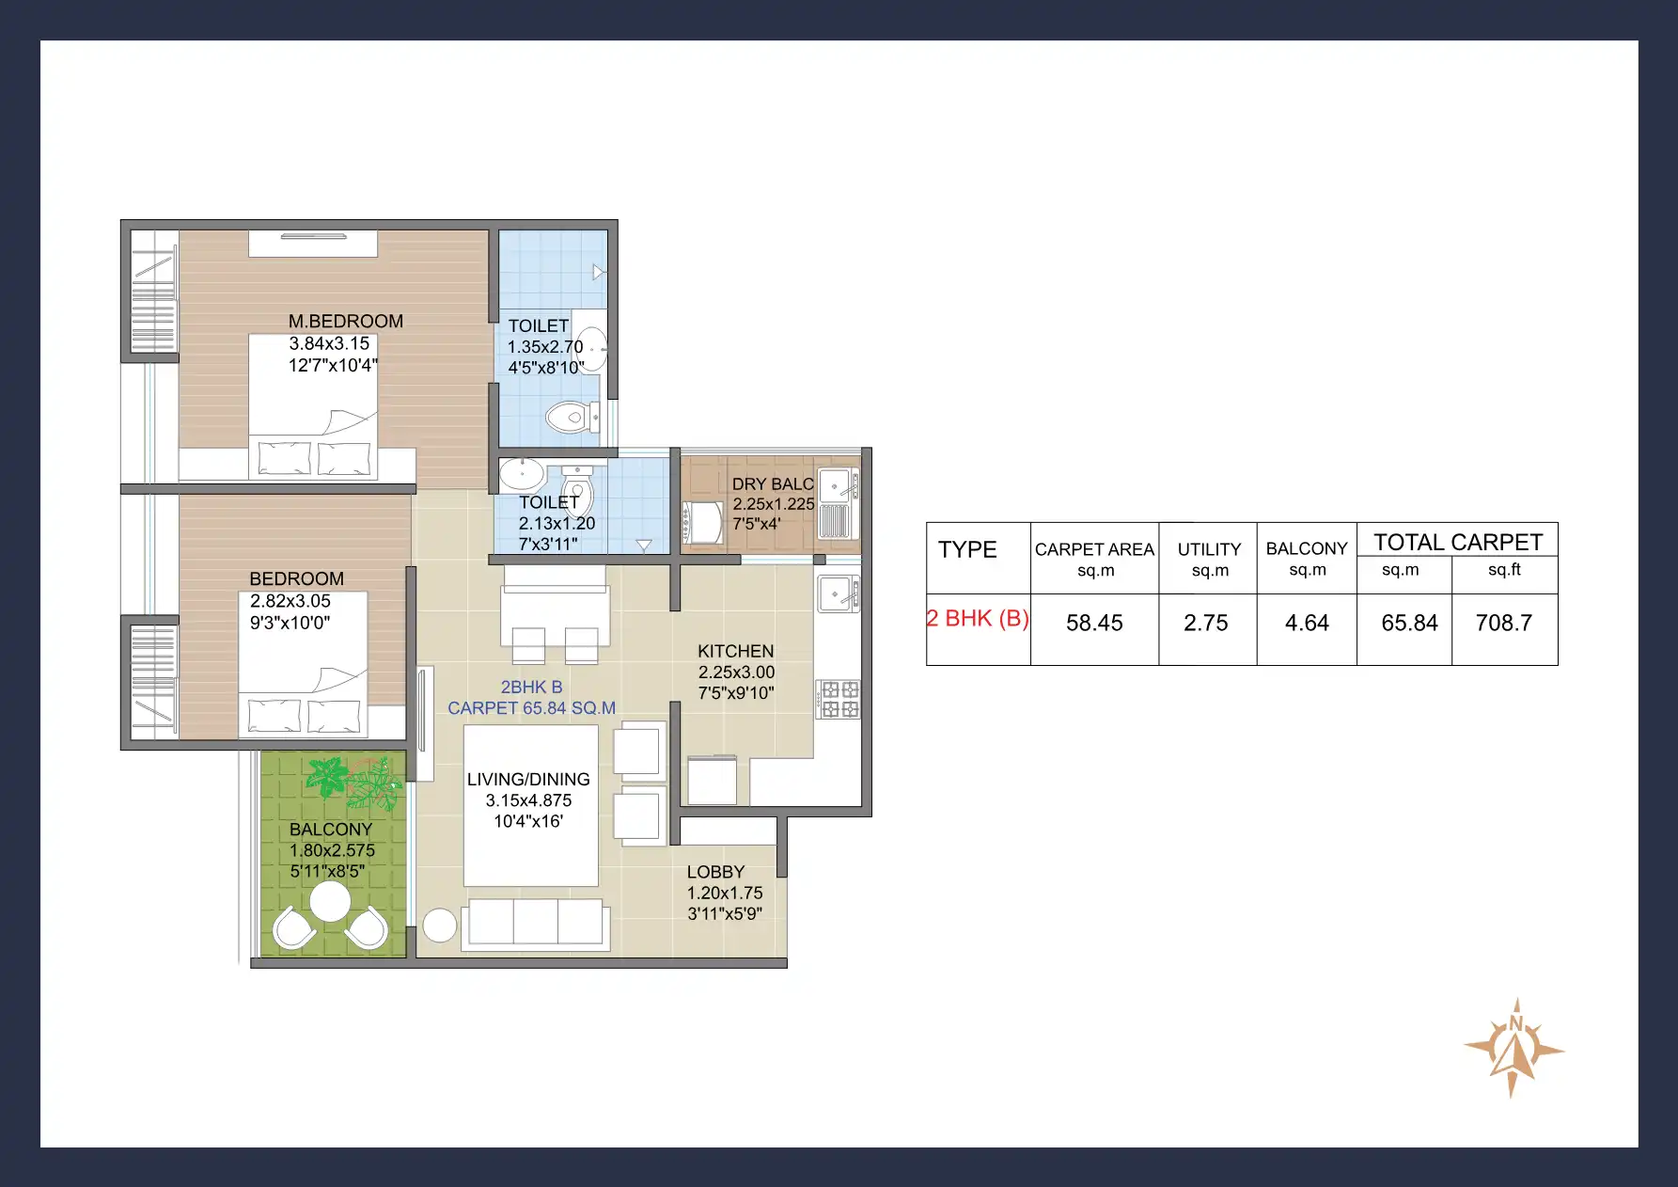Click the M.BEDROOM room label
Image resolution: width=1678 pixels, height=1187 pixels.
(345, 322)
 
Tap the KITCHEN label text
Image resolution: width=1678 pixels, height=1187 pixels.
(735, 651)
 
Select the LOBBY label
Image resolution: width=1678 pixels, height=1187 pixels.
(715, 872)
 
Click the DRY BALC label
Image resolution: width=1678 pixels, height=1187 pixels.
(773, 483)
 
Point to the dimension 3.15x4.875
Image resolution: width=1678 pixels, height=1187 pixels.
(528, 800)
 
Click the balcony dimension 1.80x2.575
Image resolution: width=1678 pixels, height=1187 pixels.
(332, 850)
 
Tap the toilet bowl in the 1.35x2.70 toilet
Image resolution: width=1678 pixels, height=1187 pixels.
(571, 417)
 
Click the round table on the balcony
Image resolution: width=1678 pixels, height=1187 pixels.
(330, 902)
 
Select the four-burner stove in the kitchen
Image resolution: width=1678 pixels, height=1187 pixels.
(839, 700)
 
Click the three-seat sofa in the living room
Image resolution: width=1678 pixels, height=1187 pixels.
(536, 922)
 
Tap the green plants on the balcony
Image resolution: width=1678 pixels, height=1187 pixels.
(355, 781)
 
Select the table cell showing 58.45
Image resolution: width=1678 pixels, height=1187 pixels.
(1094, 624)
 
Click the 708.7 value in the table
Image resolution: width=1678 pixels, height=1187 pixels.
(1503, 624)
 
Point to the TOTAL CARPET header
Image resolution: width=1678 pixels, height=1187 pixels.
(1457, 542)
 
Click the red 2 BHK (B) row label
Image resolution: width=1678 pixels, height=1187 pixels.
(978, 619)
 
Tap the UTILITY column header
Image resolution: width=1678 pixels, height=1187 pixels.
(1209, 549)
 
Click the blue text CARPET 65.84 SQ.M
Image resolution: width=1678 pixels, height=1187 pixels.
(531, 708)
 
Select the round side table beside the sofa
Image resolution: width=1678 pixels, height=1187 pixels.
(439, 926)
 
